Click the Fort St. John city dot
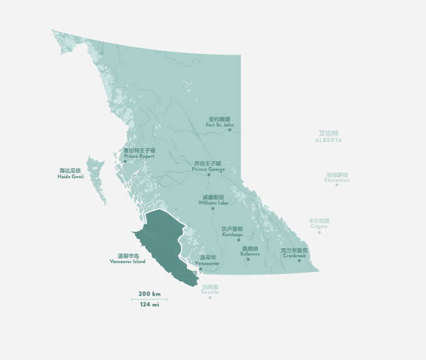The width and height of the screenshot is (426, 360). (x=230, y=130)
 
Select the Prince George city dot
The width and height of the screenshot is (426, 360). (x=208, y=174)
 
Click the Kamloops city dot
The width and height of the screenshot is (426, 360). (x=239, y=240)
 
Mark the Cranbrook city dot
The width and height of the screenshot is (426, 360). (x=299, y=260)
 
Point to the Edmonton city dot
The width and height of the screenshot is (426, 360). (x=337, y=185)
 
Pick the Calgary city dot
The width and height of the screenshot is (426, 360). (x=319, y=232)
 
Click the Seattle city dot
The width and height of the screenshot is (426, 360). (x=210, y=297)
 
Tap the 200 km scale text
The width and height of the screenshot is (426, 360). (x=149, y=294)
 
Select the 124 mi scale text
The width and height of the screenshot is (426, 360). (x=149, y=305)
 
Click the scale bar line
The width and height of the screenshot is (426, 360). (x=149, y=299)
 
